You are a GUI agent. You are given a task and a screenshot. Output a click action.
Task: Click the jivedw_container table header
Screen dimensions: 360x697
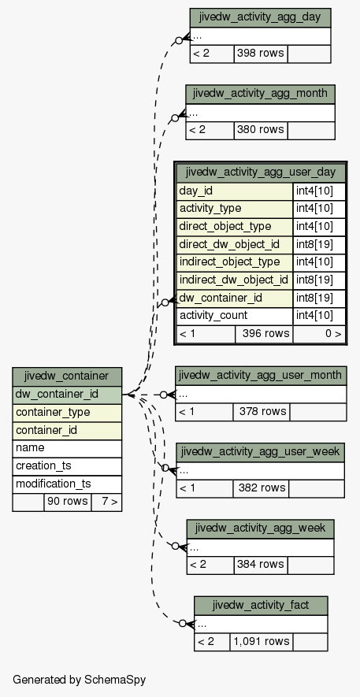point(67,376)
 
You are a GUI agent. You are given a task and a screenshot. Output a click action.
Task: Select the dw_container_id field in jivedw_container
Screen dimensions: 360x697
point(67,395)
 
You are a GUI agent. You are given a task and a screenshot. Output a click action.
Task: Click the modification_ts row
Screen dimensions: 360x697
point(67,484)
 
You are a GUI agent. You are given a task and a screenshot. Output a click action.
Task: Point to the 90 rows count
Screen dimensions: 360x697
point(68,502)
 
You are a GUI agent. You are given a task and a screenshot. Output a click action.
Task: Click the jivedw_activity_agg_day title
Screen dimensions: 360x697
point(260,17)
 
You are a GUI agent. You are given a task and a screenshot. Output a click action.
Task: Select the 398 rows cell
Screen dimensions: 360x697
point(261,54)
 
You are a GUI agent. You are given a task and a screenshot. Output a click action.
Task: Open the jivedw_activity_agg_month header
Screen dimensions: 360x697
point(260,94)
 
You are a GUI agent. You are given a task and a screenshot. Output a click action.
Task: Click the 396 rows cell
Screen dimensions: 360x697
point(264,334)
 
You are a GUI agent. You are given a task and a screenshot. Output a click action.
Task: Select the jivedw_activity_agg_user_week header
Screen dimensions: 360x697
point(261,452)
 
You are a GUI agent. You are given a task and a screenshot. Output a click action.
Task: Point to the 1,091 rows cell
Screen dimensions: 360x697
point(262,641)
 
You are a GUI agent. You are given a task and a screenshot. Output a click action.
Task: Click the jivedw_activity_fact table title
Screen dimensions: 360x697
point(261,606)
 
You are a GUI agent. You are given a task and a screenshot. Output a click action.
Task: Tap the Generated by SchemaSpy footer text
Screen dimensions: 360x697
point(79,680)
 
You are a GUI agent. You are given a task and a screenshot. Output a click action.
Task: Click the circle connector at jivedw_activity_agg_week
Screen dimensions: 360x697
point(176,546)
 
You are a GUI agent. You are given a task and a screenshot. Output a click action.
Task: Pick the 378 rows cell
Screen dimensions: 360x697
point(262,411)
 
